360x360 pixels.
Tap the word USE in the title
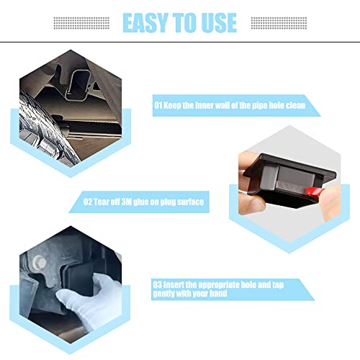(x=216, y=22)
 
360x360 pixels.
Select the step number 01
(x=158, y=105)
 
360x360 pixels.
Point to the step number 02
(x=89, y=202)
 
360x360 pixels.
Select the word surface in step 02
(x=189, y=202)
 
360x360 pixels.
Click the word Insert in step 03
(x=177, y=284)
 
